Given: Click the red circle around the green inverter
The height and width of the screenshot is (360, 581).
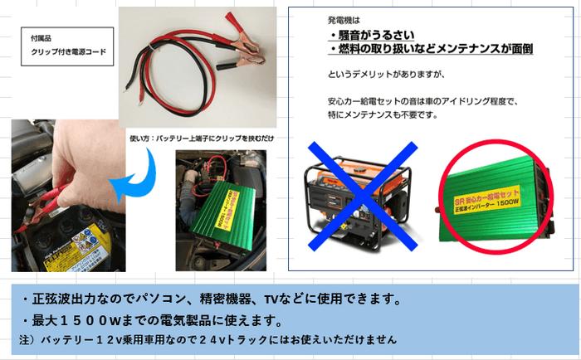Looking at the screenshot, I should tap(494, 199).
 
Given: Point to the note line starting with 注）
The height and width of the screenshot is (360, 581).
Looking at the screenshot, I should tap(207, 340).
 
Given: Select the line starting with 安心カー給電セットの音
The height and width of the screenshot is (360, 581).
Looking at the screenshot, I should tap(422, 102).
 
